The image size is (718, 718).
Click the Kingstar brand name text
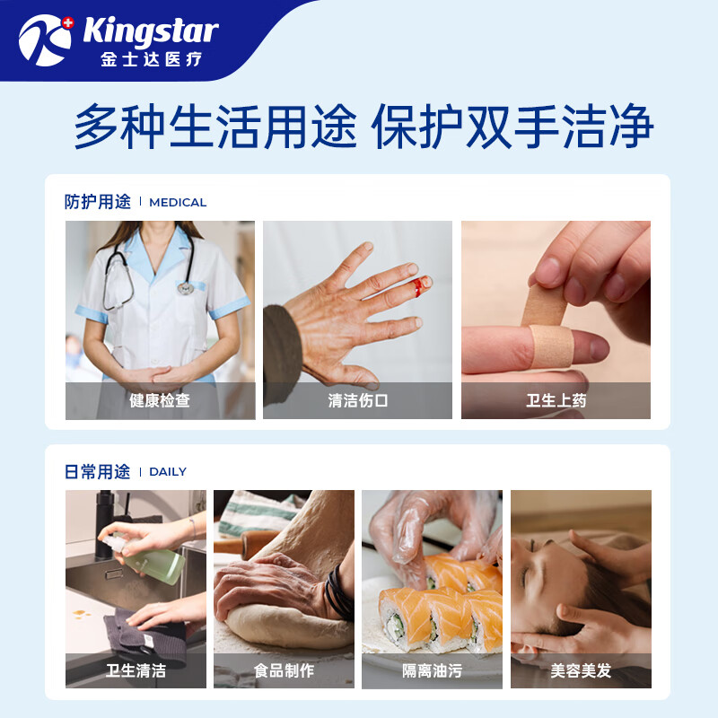150,32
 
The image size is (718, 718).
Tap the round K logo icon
45,39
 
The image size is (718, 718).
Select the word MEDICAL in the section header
178,203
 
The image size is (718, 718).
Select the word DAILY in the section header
168,472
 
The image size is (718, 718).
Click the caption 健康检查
160,401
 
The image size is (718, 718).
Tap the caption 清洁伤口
357,401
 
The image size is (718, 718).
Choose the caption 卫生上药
556,401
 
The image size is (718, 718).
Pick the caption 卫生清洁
136,670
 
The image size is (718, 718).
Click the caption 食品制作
284,670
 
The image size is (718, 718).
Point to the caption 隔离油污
432,670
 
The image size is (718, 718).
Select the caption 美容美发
581,670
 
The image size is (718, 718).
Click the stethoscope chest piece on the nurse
186,287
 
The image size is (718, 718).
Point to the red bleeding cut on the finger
417,286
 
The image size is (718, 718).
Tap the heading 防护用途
97,202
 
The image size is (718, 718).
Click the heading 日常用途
97,471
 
